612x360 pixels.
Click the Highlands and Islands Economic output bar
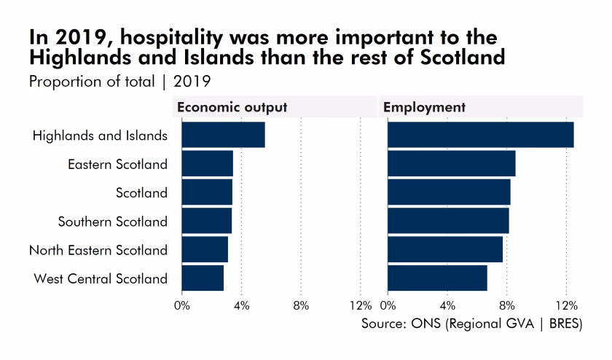pos(223,136)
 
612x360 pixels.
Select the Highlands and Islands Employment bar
pos(480,136)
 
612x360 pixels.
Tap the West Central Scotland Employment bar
pos(437,278)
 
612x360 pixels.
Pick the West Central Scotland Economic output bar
pos(203,278)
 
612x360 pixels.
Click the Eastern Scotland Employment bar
pos(451,164)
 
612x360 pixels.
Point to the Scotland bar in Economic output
pos(207,192)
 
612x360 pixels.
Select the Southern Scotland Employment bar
pos(448,221)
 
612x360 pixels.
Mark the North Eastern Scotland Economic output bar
pos(205,250)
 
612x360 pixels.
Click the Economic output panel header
pos(232,107)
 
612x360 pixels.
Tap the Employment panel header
pos(424,107)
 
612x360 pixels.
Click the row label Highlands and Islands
pos(101,136)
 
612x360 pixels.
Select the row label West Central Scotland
pos(101,278)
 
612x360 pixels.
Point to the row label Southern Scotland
pos(113,222)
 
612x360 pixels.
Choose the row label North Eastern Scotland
pos(98,250)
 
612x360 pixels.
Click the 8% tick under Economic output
pos(300,305)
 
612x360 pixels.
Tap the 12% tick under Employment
pos(566,305)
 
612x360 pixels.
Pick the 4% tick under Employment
pos(447,305)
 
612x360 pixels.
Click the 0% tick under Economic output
pos(182,305)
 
